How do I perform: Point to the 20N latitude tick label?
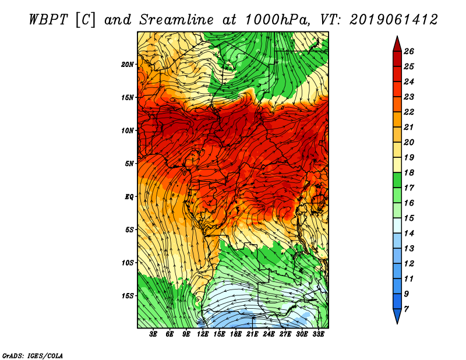tap(128, 64)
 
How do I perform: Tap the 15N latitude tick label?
tap(128, 97)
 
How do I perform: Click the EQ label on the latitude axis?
tap(129, 196)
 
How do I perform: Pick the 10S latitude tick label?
tap(128, 263)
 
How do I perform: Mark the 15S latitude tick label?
tap(128, 296)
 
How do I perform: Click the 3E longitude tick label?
tap(154, 334)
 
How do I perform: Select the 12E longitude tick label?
tap(203, 334)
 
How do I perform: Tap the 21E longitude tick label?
tap(252, 334)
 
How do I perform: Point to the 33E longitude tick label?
tap(318, 334)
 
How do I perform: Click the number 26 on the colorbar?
tap(417, 51)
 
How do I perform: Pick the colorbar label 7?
tap(415, 309)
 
